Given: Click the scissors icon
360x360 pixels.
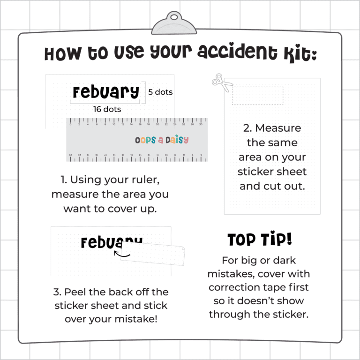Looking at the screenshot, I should click(x=222, y=83).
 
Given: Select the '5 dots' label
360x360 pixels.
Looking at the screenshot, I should click(x=160, y=92).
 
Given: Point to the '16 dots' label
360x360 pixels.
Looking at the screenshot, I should click(x=107, y=109).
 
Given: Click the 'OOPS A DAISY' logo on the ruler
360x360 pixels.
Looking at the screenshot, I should click(x=162, y=140).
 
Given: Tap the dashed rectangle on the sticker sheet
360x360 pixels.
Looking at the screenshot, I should click(x=257, y=96).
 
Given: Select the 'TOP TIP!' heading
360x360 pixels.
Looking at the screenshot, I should click(x=259, y=240).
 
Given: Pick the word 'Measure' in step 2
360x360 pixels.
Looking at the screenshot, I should click(x=278, y=128).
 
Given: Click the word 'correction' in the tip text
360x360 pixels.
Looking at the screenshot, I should click(x=239, y=287).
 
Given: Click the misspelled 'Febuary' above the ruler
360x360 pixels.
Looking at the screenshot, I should click(x=106, y=92).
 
